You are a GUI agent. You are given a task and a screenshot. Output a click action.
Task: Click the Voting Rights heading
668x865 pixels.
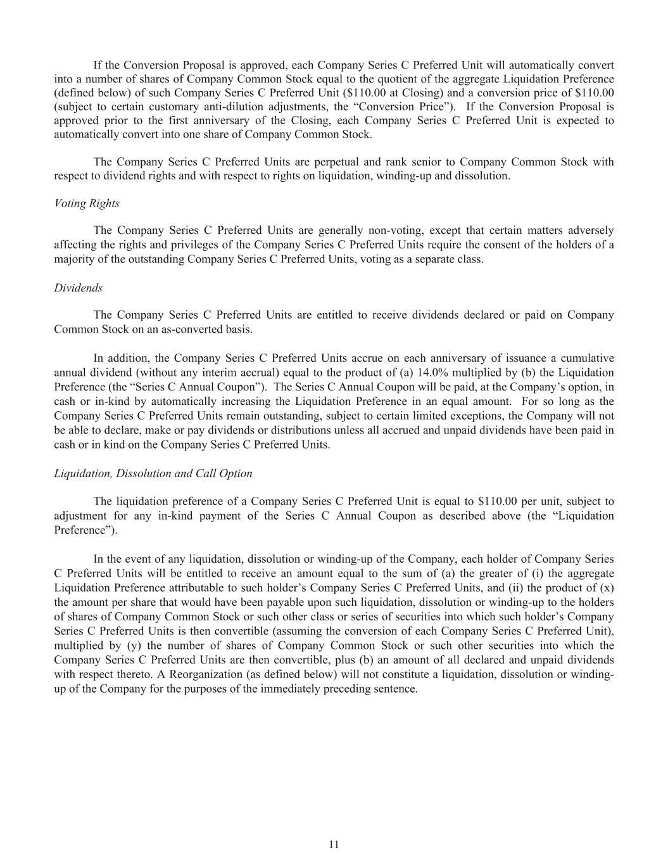click(x=86, y=203)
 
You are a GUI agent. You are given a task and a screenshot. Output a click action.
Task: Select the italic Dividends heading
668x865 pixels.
click(x=78, y=288)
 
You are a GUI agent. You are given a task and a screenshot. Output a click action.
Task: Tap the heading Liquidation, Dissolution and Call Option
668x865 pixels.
click(x=153, y=473)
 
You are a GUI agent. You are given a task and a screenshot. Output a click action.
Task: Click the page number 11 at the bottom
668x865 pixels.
click(x=334, y=844)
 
